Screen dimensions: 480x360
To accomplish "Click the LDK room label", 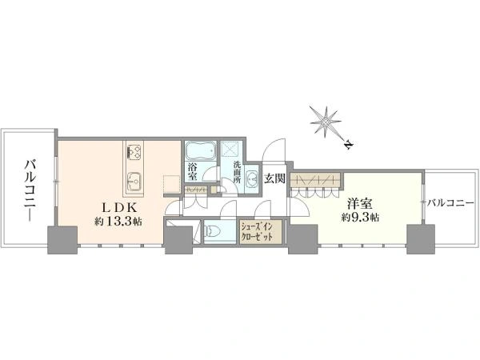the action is [118, 208].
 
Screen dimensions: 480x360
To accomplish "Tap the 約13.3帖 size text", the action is [118, 222].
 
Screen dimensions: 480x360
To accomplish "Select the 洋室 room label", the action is [360, 204].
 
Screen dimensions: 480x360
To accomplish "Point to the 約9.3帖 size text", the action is [361, 218].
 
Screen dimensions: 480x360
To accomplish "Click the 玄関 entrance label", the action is [275, 178].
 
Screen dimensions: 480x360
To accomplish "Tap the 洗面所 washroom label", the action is [237, 172].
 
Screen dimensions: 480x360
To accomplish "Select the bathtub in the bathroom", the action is [201, 151].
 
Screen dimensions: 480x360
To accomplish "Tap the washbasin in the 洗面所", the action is [253, 178].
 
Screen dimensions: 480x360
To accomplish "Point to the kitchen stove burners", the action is [134, 152].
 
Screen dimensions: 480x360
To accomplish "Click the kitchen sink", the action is [134, 180].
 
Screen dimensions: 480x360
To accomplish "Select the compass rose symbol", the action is [325, 122].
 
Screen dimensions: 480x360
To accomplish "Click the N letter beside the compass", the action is [348, 144].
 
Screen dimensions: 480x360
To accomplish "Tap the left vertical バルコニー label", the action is [30, 190].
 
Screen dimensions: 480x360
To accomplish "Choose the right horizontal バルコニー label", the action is [451, 202].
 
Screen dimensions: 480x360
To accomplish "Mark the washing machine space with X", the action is [231, 149].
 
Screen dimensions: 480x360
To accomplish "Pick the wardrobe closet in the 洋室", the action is [316, 180].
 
